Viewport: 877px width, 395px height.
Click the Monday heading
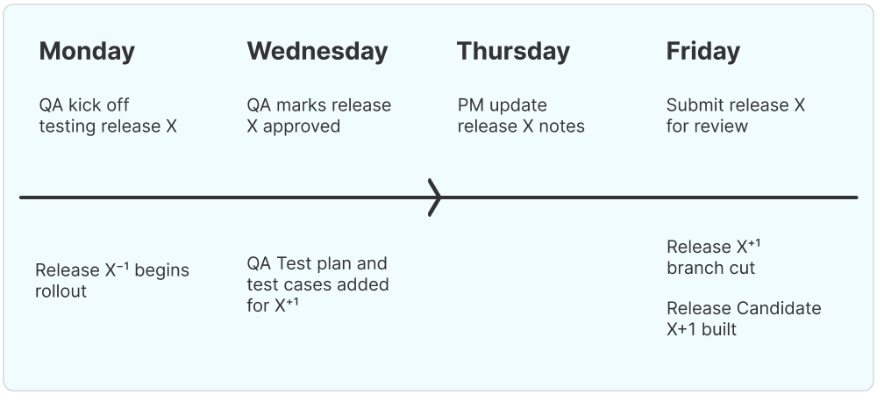pos(87,51)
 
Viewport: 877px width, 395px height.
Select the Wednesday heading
pos(317,51)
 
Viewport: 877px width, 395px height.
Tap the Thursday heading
pos(513,51)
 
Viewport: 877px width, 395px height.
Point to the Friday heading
pos(702,51)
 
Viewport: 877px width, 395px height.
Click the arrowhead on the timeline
pos(434,197)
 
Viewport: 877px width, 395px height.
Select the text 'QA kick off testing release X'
pos(108,116)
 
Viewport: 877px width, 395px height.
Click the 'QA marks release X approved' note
pos(319,116)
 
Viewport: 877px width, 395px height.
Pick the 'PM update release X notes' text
pos(521,116)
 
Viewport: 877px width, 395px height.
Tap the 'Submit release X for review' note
pos(735,116)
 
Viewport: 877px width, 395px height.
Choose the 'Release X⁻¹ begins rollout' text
pos(112,281)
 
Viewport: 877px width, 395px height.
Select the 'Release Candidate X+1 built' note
pos(744,319)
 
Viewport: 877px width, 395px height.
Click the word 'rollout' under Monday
pos(61,291)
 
